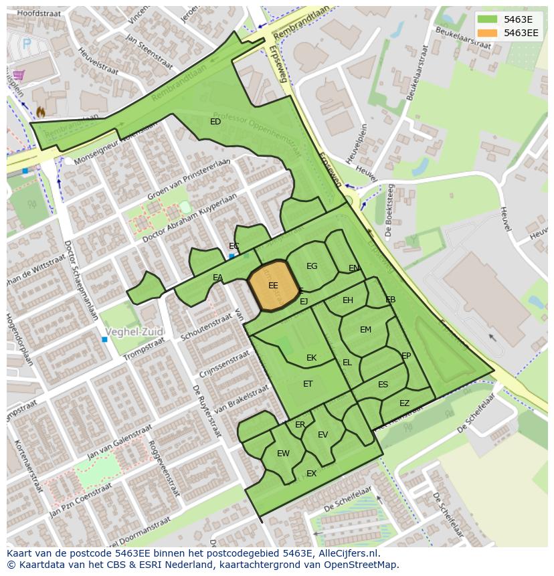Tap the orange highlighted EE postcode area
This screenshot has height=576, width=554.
tap(274, 286)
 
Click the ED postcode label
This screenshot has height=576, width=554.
tap(215, 122)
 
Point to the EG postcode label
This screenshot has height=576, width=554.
tap(312, 266)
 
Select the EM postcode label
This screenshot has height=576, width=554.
tap(365, 330)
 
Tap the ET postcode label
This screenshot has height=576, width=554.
tap(308, 384)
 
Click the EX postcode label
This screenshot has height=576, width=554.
tap(311, 474)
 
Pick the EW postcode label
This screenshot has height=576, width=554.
tap(283, 454)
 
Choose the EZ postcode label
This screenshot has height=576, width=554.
tap(404, 403)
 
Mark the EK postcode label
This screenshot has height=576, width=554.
tap(311, 358)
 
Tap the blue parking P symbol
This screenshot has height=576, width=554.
tap(27, 44)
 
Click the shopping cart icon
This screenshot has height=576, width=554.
tap(19, 75)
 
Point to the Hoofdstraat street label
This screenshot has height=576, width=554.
tap(39, 12)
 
